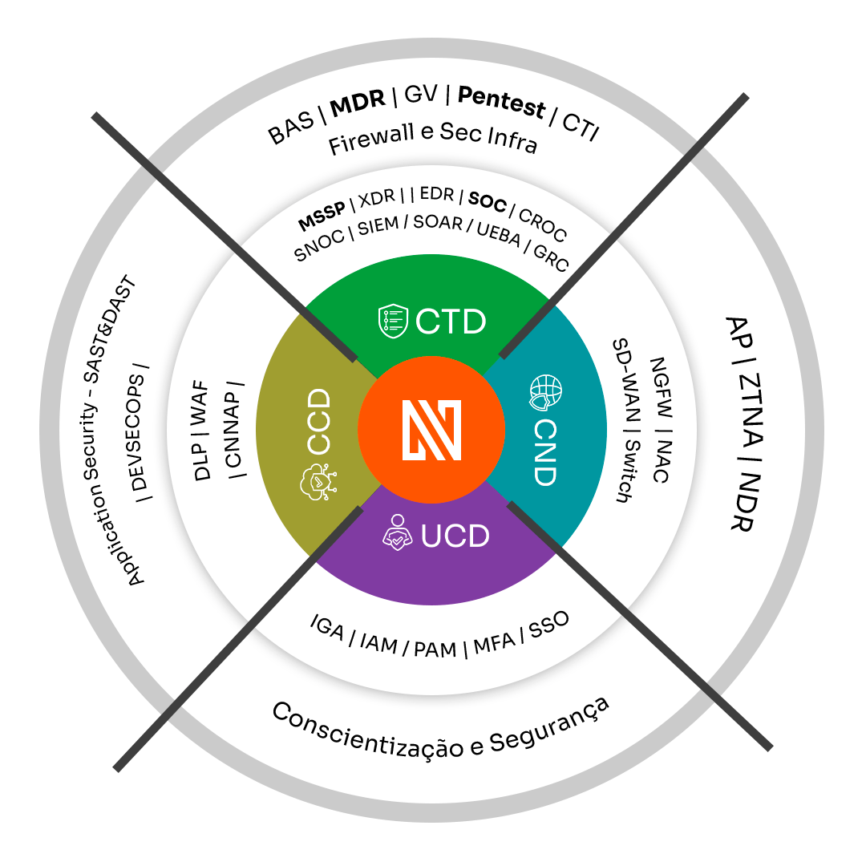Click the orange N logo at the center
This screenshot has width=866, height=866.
pyautogui.click(x=432, y=432)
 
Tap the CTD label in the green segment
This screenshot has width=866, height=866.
pyautogui.click(x=451, y=322)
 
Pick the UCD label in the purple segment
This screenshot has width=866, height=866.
pyautogui.click(x=455, y=536)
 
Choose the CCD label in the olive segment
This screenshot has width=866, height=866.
pyautogui.click(x=320, y=422)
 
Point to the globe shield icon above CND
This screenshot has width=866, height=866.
pyautogui.click(x=543, y=391)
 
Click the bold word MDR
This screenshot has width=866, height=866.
pyautogui.click(x=358, y=105)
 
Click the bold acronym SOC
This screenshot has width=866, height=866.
pyautogui.click(x=488, y=202)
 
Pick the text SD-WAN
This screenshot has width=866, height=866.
pyautogui.click(x=625, y=386)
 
